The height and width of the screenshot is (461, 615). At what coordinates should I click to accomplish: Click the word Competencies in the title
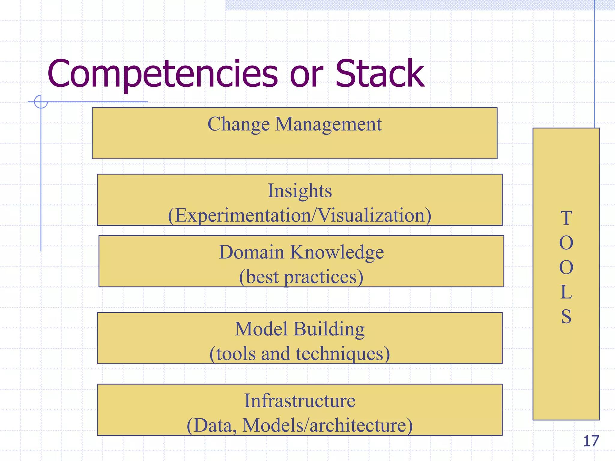[162, 74]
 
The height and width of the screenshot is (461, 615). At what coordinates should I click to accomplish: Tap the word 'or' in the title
[306, 77]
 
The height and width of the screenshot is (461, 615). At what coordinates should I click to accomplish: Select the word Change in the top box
[239, 124]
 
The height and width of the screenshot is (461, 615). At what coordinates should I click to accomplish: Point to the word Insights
[300, 191]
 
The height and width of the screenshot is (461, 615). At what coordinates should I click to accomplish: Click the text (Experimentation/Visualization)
[300, 215]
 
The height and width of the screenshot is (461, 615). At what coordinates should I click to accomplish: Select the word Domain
[251, 252]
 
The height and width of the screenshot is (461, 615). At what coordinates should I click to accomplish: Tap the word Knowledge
[337, 252]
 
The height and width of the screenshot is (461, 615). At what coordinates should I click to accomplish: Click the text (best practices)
[301, 277]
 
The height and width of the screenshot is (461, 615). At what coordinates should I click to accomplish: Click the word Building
[329, 329]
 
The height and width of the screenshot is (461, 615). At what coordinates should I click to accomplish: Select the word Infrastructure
[300, 401]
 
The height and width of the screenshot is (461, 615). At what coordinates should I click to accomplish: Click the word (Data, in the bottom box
[211, 425]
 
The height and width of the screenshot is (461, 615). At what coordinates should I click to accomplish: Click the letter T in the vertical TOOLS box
[566, 218]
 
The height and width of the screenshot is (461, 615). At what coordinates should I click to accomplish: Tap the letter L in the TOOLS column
[566, 292]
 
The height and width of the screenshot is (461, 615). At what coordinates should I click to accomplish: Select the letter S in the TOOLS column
[566, 317]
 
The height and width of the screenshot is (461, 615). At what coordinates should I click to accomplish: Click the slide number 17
[591, 441]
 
